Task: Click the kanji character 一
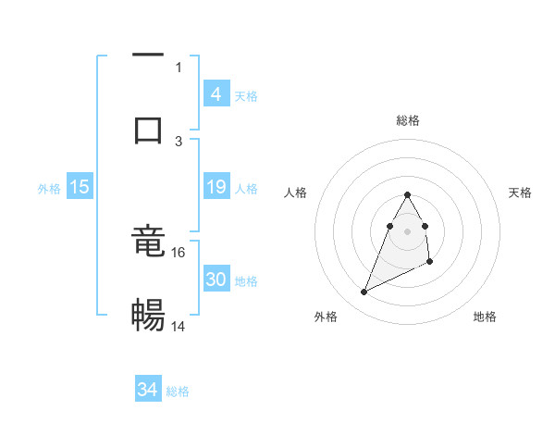(x=148, y=56)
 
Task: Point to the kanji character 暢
(x=148, y=315)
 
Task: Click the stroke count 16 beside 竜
(x=179, y=252)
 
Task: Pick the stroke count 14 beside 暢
(x=179, y=326)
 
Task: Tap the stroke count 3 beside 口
(x=179, y=141)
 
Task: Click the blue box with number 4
(x=216, y=93)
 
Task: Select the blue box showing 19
(x=216, y=187)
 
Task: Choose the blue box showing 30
(x=216, y=280)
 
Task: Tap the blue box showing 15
(x=80, y=187)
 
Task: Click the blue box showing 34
(x=147, y=390)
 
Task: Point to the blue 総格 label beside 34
(x=178, y=391)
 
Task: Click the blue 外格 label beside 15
(x=49, y=189)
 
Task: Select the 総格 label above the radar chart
(x=408, y=120)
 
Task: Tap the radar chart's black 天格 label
(x=521, y=193)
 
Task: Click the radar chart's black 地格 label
(x=485, y=317)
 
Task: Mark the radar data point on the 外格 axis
(x=364, y=292)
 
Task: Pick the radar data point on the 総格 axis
(x=408, y=194)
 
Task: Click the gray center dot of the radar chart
(x=408, y=230)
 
